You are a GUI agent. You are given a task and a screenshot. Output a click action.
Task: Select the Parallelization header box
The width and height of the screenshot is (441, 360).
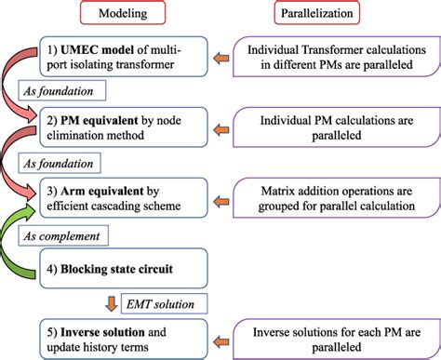click(319, 16)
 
